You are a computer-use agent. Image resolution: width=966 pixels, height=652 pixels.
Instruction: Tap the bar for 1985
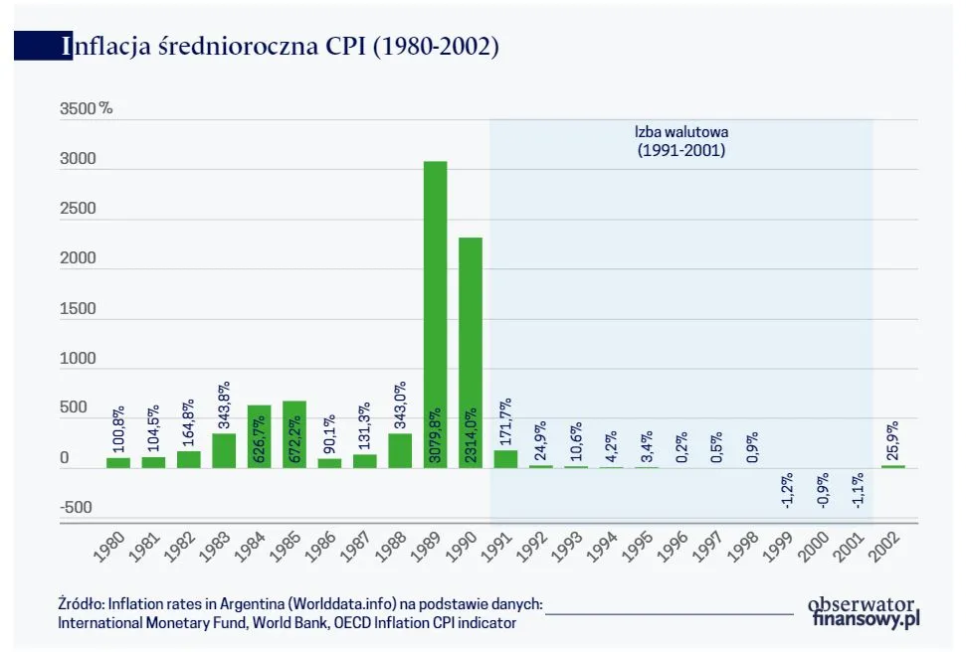(294, 434)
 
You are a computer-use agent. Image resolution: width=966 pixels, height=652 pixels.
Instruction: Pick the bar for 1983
(224, 450)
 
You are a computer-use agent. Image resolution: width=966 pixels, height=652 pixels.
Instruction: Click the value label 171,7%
(504, 422)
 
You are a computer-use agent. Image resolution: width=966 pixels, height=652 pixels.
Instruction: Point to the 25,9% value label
(892, 439)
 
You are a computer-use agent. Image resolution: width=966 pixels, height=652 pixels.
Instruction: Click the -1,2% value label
(786, 488)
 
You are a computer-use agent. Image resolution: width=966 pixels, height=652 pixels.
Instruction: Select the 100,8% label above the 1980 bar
(118, 429)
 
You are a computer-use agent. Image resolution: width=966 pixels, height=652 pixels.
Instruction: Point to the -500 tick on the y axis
(76, 508)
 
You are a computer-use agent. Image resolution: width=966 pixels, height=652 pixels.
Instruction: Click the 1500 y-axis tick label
(78, 308)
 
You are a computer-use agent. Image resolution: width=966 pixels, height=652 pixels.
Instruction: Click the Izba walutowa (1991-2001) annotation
(680, 141)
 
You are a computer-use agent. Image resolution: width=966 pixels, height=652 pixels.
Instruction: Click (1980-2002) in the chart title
(435, 46)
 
